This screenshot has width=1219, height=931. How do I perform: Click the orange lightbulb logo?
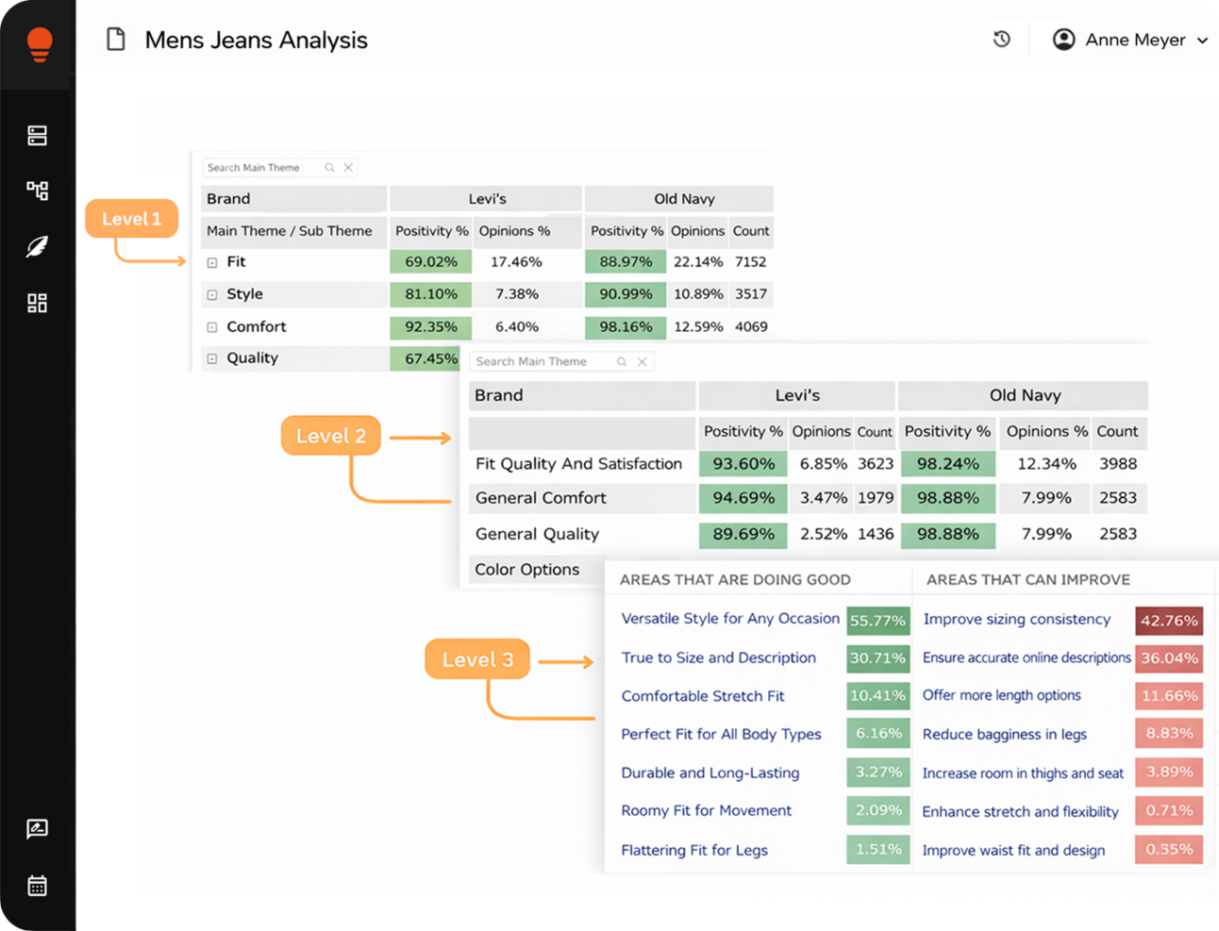click(39, 43)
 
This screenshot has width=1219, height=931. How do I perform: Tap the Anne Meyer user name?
click(1135, 40)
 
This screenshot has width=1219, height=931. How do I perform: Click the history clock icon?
click(1002, 40)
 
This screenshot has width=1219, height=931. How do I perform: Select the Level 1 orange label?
click(131, 219)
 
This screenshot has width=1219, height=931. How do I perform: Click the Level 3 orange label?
click(477, 659)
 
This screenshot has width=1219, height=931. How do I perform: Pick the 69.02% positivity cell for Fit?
click(431, 262)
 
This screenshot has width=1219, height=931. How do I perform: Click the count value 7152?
click(750, 262)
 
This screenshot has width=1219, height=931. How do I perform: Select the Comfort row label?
click(256, 326)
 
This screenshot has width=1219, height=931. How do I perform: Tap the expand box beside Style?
click(212, 294)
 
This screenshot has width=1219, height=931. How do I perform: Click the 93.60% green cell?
click(743, 464)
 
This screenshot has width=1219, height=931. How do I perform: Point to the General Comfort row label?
click(541, 498)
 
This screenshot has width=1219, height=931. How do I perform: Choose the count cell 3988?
click(1117, 464)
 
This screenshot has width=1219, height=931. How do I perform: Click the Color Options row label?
click(526, 570)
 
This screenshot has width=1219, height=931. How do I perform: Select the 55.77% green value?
click(877, 621)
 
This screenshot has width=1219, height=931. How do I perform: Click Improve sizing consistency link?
click(1016, 620)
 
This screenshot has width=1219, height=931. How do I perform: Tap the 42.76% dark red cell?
click(1168, 621)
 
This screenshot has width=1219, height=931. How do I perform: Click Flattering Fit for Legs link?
click(693, 850)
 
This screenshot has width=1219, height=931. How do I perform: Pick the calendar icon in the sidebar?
click(38, 886)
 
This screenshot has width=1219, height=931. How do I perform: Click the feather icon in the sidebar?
click(38, 247)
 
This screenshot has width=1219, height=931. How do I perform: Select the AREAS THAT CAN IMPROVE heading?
click(1027, 580)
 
